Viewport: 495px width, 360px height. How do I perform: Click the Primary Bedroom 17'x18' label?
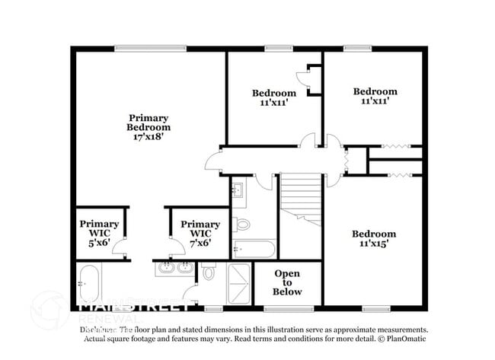pos(148,127)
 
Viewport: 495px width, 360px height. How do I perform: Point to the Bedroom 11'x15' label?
pos(374,238)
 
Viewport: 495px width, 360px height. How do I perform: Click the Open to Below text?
pos(288,282)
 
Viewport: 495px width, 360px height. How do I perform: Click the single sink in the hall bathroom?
pos(238,189)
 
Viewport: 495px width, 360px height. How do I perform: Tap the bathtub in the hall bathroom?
pos(254,248)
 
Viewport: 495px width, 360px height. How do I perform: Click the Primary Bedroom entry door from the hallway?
pos(212,161)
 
